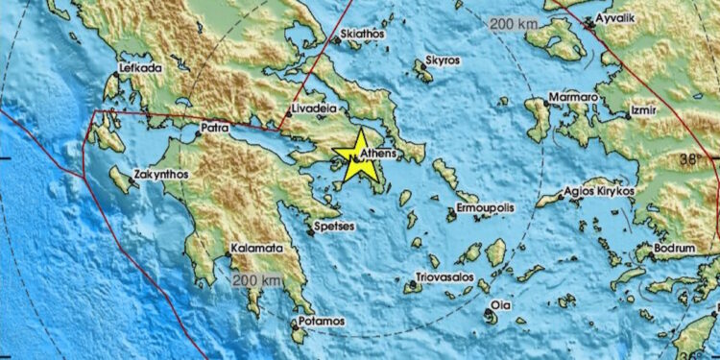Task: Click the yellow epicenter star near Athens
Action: (x=359, y=156)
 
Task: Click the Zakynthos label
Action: (x=164, y=175)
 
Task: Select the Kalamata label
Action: (x=257, y=248)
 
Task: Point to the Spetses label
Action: (x=335, y=227)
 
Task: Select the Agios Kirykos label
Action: (x=600, y=191)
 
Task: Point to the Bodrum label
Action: (x=673, y=248)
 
